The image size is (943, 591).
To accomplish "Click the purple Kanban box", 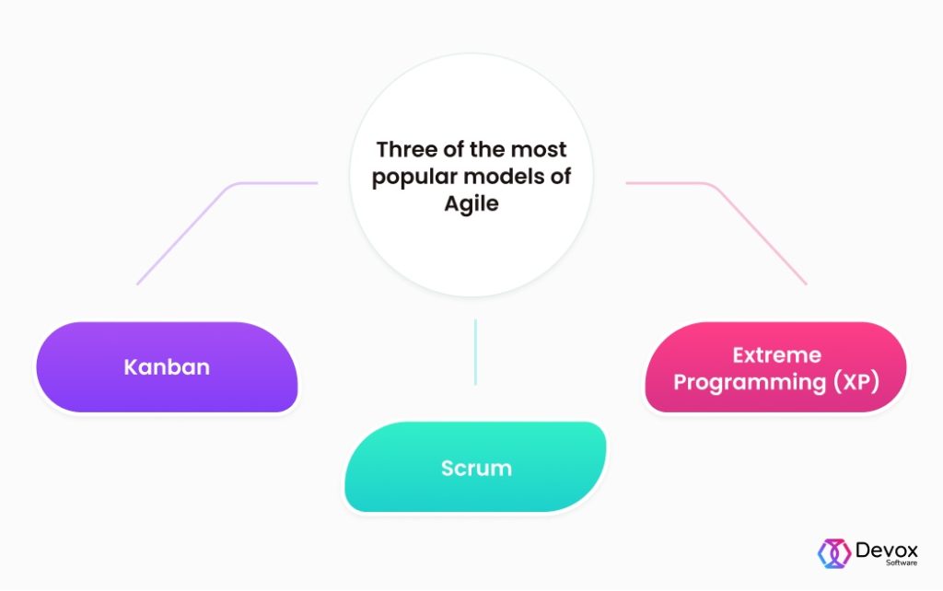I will [167, 366].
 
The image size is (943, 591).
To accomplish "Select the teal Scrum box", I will [475, 467].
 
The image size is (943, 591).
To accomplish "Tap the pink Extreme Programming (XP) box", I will [776, 367].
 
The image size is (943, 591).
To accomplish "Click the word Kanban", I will [167, 367].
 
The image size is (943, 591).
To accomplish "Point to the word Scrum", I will [476, 468].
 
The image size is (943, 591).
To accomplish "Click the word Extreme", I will [776, 354].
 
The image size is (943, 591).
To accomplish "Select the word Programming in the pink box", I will [747, 380].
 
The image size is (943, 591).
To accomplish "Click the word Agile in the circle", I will [471, 203].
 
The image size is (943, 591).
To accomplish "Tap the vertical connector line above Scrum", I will [475, 352].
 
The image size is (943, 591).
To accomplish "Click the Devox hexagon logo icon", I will [833, 551].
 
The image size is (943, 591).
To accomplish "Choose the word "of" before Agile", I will [560, 177].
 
